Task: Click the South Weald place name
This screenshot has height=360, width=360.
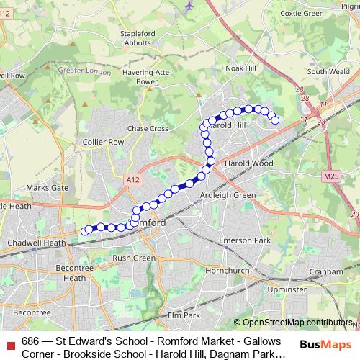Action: coord(328,72)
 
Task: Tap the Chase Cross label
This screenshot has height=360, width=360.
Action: coord(148,128)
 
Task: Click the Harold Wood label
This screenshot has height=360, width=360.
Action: coord(250,163)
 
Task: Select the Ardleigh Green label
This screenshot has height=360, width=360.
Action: coord(228,195)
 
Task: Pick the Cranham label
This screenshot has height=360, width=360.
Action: coord(326,271)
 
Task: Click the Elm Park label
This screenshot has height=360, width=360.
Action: coord(182,315)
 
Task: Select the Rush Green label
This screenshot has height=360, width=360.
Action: coord(134,257)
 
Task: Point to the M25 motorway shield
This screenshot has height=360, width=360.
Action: coord(331,176)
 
